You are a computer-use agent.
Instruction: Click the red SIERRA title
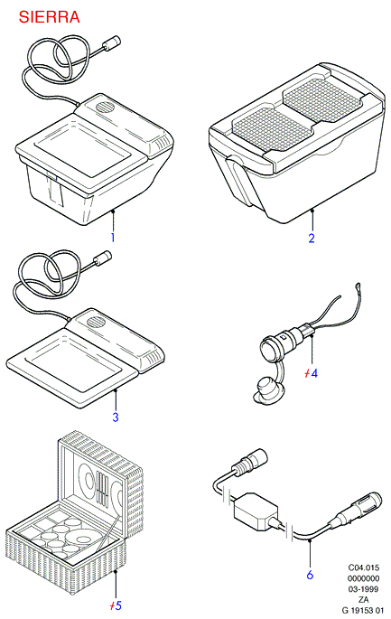pos(49,17)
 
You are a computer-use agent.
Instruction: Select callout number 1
pos(113,238)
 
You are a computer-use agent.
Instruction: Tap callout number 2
pos(312,238)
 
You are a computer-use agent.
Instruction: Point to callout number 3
pos(116,417)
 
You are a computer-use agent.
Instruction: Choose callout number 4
pos(314,373)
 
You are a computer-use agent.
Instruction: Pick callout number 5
pos(118,605)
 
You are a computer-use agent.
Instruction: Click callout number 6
pos(310,575)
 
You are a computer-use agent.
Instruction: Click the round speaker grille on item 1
pos(105,107)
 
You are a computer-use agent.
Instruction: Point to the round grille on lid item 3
pos(96,322)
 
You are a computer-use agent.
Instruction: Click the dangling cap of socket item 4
pos(267,389)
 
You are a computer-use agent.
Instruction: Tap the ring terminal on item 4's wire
pos(358,285)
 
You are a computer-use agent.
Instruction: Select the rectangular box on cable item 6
pos(255,511)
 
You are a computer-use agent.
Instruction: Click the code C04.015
pos(363,567)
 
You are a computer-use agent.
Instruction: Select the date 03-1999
pos(363,589)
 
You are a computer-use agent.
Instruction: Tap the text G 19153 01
pos(363,610)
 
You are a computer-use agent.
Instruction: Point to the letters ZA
pos(363,600)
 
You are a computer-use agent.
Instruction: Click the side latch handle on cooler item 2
pos(237,180)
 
